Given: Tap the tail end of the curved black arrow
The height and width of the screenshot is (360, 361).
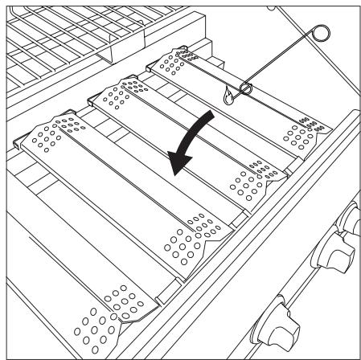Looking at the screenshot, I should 211,115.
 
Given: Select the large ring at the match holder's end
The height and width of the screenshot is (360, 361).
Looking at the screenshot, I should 320,35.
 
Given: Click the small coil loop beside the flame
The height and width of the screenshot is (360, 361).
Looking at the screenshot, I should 245,88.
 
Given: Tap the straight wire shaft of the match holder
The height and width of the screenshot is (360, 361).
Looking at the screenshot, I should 281,61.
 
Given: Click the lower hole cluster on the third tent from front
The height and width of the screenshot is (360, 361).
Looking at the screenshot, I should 244,181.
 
